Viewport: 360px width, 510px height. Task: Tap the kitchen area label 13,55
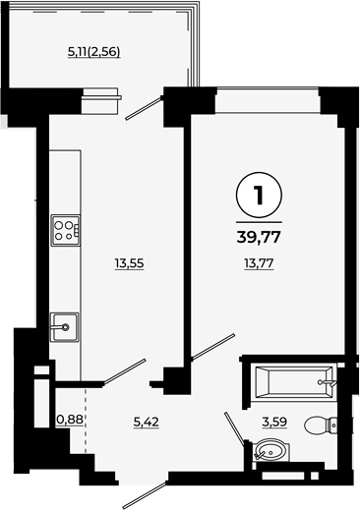129,263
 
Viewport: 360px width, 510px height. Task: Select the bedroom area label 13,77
259,263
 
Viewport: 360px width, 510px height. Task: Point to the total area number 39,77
259,237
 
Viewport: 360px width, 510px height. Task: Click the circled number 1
259,196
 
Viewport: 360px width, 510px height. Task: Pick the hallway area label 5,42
147,422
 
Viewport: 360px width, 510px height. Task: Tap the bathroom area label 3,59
274,422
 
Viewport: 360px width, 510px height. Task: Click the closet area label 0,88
70,420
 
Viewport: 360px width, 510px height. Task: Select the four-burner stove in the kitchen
66,230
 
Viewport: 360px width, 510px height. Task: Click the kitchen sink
65,327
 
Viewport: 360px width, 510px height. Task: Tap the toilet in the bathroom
321,425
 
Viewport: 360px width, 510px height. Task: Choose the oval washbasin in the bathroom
271,451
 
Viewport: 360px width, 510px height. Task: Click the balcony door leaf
144,108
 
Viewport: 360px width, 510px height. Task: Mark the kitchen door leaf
124,372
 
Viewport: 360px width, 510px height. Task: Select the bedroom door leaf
213,347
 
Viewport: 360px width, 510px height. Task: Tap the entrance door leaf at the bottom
145,495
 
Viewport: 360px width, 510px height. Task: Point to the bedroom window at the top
268,100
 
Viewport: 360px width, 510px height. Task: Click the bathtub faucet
327,382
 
